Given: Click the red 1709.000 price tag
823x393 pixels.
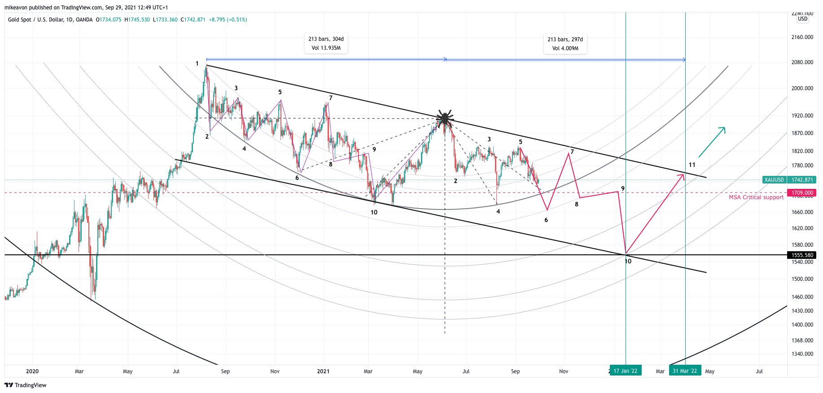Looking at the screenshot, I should click(802, 193).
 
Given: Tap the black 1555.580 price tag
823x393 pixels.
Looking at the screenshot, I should click(802, 255).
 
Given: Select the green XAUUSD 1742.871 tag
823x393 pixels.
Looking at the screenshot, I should click(789, 180).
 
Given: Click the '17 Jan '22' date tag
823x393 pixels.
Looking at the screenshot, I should click(625, 371).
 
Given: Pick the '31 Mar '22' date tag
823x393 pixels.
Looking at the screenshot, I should click(685, 371).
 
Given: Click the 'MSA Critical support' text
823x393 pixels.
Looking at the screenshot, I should click(756, 197).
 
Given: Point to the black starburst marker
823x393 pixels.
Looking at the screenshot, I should click(445, 118).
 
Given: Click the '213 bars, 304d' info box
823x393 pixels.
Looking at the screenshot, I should click(326, 44).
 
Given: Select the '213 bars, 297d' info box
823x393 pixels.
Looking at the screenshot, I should click(565, 44).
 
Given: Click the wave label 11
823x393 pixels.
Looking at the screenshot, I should click(692, 165).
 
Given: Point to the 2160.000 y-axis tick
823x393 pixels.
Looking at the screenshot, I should click(802, 37).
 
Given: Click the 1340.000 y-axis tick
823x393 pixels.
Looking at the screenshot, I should click(802, 354).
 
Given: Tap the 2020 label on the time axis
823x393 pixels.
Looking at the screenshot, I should click(32, 371).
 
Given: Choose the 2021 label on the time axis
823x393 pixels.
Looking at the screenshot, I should click(323, 371).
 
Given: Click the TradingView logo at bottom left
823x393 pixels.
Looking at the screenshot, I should click(26, 385).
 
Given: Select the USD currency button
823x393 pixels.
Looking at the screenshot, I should click(802, 19).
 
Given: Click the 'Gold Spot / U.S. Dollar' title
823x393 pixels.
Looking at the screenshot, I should click(31, 20).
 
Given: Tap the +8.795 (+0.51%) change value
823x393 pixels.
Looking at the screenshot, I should click(228, 20).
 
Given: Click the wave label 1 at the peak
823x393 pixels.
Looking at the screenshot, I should click(197, 64).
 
